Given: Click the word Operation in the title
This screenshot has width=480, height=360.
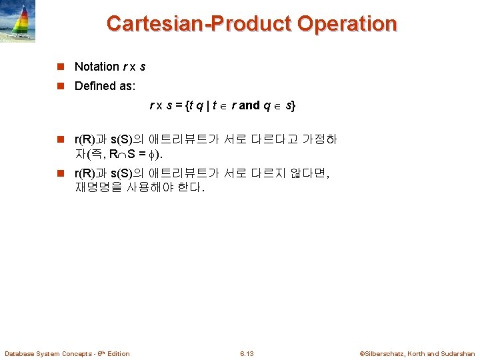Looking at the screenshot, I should point(347,24).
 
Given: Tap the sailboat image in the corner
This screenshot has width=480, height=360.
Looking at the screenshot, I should point(19,21).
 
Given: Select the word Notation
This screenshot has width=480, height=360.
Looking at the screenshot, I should point(97,66).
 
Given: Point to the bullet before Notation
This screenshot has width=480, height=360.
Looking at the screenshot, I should point(61,67).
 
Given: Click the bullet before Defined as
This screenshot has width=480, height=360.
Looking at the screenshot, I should point(61,87).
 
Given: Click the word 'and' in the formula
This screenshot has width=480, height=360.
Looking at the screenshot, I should point(249,105).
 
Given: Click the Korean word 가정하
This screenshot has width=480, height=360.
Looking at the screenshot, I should point(319,139).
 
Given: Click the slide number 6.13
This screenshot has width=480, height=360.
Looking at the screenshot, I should point(247,353).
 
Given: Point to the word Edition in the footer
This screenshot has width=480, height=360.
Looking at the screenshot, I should point(118,353).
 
